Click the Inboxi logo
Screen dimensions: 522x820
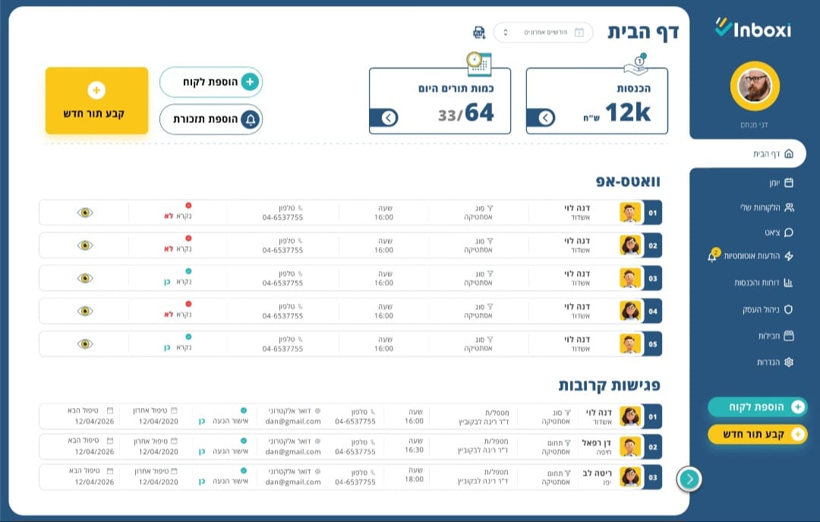[x=753, y=29]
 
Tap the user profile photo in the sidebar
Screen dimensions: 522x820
[x=755, y=86]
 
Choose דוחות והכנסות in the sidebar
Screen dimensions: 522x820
[x=763, y=282]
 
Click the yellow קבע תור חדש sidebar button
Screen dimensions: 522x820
[x=757, y=434]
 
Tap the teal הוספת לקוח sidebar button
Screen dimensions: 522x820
[x=757, y=407]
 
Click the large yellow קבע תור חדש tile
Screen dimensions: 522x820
[x=96, y=100]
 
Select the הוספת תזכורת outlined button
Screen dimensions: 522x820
[x=211, y=119]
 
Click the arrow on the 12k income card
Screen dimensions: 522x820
[x=546, y=118]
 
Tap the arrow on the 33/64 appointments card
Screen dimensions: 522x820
[x=389, y=118]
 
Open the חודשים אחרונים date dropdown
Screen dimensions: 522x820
[x=542, y=32]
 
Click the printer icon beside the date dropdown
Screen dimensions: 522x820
[x=478, y=32]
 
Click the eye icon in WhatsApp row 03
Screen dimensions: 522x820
[x=85, y=278]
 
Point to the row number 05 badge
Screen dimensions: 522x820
[x=652, y=344]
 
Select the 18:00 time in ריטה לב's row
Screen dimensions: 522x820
[x=415, y=479]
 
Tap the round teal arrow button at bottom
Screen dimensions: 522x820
[x=689, y=479]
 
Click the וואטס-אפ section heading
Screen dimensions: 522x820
[x=628, y=182]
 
